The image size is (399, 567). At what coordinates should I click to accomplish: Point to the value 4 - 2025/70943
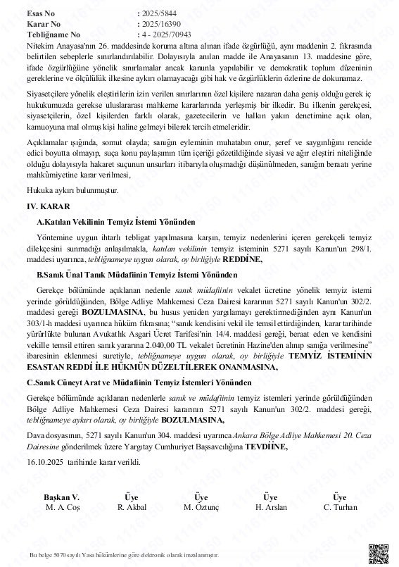(170, 33)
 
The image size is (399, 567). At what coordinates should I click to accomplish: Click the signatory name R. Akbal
(131, 506)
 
